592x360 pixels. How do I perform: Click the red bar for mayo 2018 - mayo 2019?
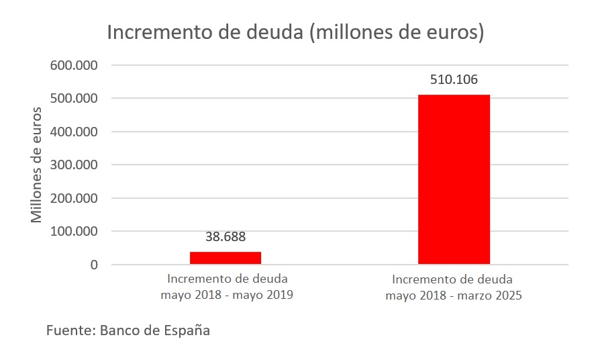pyautogui.click(x=226, y=258)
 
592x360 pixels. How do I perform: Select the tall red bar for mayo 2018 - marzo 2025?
pyautogui.click(x=454, y=179)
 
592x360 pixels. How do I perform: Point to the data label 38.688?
pyautogui.click(x=226, y=236)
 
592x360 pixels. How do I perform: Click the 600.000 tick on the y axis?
pyautogui.click(x=75, y=66)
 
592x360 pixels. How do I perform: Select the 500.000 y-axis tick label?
pyautogui.click(x=75, y=99)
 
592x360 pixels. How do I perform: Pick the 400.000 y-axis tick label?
pyautogui.click(x=75, y=132)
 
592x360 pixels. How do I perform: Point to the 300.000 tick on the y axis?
pyautogui.click(x=75, y=165)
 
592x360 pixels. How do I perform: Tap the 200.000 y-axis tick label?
pyautogui.click(x=75, y=199)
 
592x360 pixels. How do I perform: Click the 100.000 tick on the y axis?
pyautogui.click(x=75, y=232)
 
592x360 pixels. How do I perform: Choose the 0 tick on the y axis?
pyautogui.click(x=94, y=265)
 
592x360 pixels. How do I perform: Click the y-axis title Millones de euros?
pyautogui.click(x=38, y=165)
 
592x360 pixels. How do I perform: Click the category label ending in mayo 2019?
pyautogui.click(x=226, y=287)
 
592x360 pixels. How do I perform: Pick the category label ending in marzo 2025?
pyautogui.click(x=453, y=287)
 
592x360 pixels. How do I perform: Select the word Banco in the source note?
pyautogui.click(x=119, y=331)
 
